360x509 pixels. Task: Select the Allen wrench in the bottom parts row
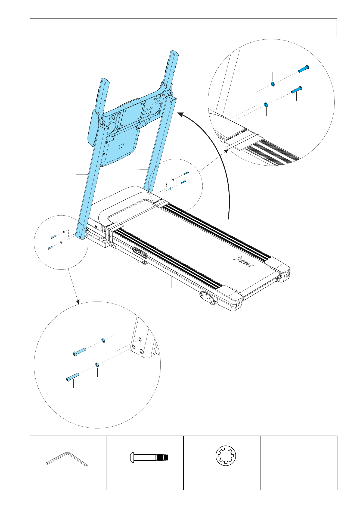click(67, 459)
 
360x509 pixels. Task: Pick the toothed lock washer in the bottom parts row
click(226, 457)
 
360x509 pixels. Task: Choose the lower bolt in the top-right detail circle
click(297, 90)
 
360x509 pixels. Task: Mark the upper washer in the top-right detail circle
click(273, 84)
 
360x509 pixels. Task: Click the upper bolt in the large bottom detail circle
click(80, 351)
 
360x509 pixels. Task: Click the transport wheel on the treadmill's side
click(208, 298)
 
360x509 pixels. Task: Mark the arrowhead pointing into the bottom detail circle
click(78, 302)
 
